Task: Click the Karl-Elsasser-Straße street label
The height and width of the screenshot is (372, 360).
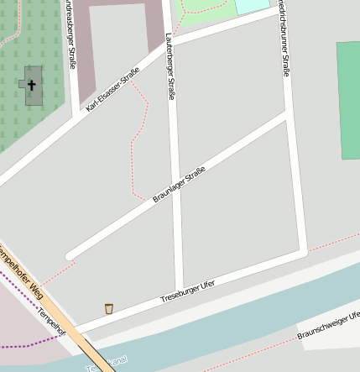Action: coord(112,90)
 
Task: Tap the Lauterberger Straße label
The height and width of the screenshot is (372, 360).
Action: coord(170,65)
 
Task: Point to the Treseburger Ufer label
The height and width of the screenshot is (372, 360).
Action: coord(187,291)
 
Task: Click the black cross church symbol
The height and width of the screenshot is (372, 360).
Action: coord(32,85)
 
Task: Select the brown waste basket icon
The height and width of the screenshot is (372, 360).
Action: coord(108,309)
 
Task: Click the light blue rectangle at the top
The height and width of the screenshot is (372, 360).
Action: coord(253,7)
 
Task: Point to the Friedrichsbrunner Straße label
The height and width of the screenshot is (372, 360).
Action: coord(284,42)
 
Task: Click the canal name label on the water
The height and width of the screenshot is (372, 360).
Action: coord(106,362)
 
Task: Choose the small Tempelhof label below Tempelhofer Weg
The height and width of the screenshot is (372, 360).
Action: coord(50,320)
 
